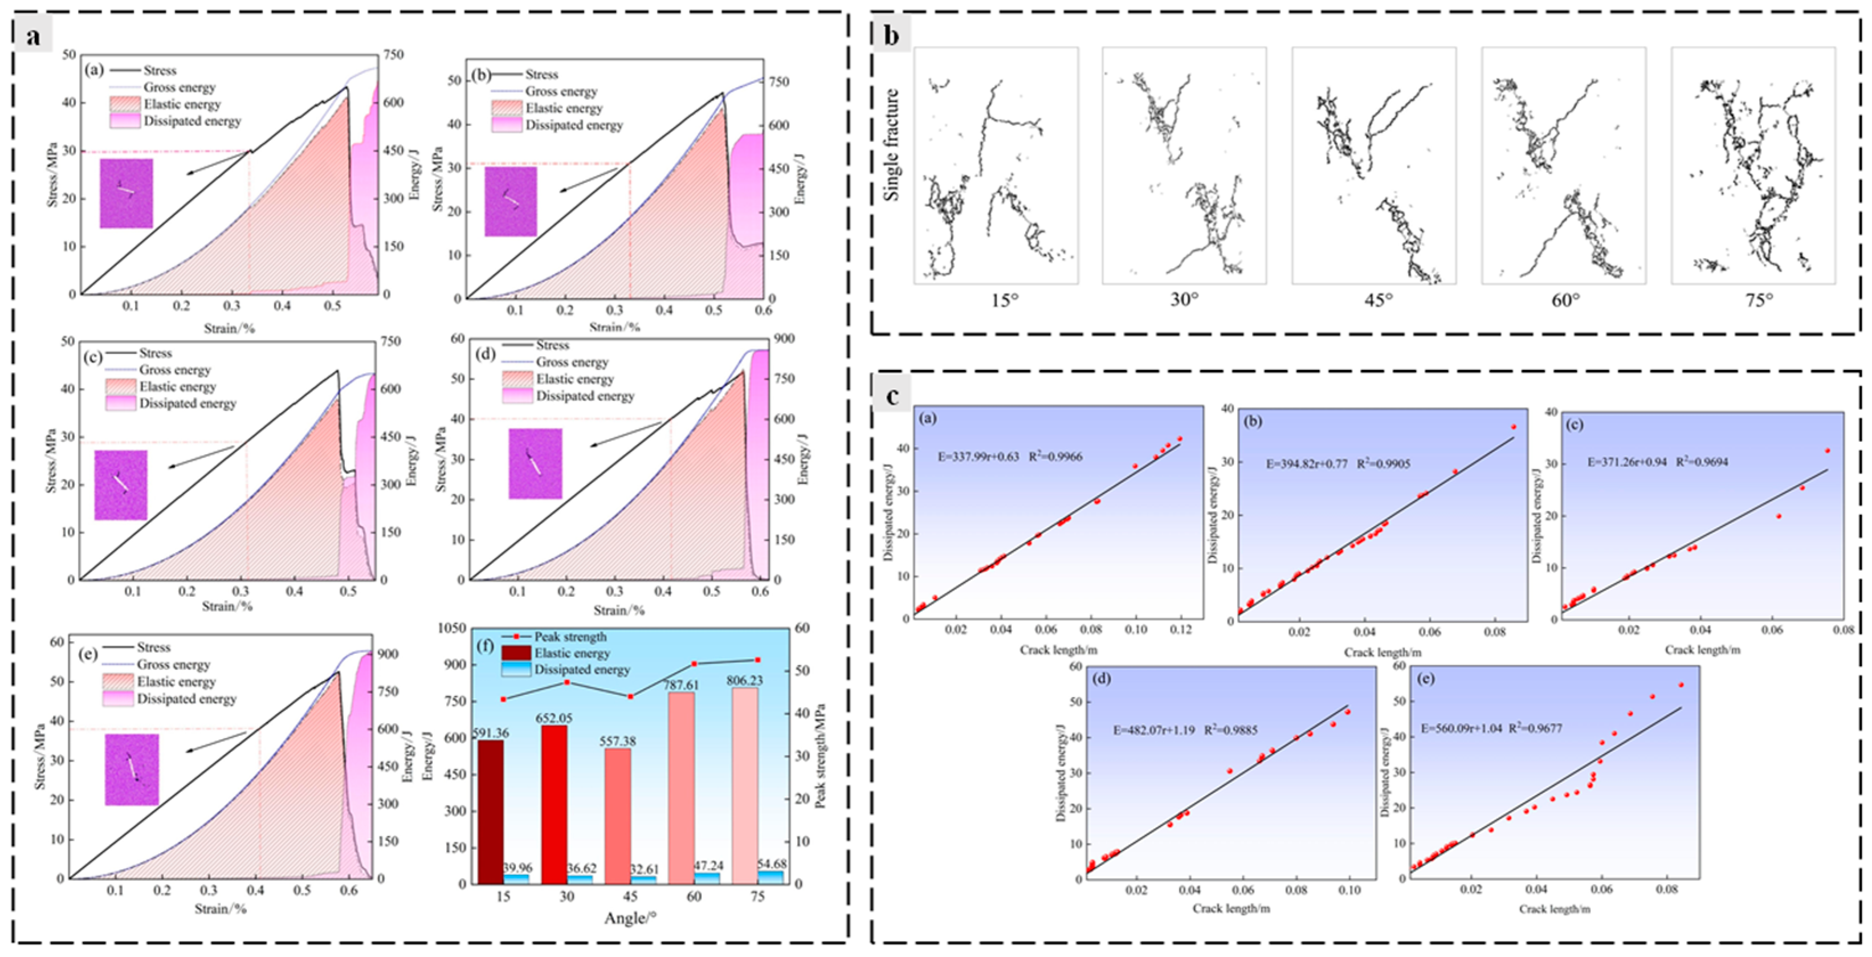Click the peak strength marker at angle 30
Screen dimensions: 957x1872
[567, 682]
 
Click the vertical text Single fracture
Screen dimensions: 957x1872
[892, 145]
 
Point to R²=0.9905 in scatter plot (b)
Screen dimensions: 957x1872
[1384, 463]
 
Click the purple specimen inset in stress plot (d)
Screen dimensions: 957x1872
[536, 463]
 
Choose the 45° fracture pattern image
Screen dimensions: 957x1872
[1373, 166]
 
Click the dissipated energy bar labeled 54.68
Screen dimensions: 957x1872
[771, 877]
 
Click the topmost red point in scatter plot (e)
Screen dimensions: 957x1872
[1680, 685]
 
